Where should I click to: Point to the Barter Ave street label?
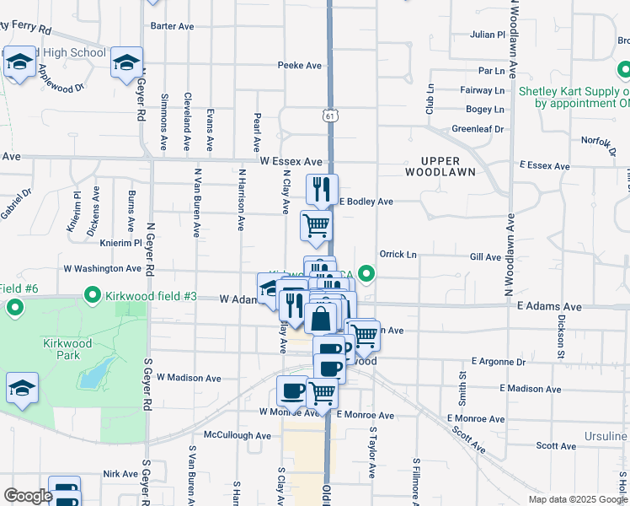click(x=173, y=26)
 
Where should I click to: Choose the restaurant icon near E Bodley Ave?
click(x=321, y=190)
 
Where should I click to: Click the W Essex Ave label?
click(x=291, y=160)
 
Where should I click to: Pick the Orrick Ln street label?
click(x=398, y=254)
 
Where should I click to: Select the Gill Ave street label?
click(x=486, y=257)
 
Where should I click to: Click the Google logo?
click(x=29, y=496)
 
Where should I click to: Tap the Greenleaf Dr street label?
click(x=478, y=129)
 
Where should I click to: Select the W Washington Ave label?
click(x=103, y=269)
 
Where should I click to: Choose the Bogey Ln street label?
click(x=485, y=110)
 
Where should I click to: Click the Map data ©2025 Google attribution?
click(x=577, y=499)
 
